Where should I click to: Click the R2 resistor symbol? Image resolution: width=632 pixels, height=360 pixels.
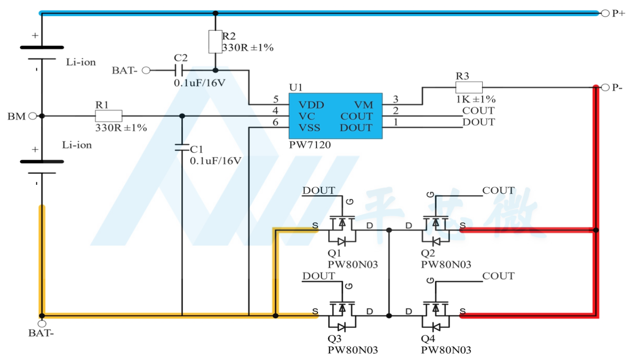(x=215, y=42)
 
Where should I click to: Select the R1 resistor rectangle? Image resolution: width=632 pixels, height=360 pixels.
(x=108, y=116)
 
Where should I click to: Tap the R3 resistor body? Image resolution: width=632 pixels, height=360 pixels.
(x=469, y=87)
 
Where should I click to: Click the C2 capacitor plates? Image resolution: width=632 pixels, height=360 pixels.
(x=178, y=70)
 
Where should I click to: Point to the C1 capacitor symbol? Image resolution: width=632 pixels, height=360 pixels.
(x=182, y=147)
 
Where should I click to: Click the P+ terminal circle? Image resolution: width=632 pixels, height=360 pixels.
(x=605, y=13)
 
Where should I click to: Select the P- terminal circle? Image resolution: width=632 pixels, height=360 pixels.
(x=605, y=88)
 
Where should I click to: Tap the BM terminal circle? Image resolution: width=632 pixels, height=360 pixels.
(x=33, y=116)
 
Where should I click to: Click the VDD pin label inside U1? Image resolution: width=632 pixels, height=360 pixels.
(x=311, y=105)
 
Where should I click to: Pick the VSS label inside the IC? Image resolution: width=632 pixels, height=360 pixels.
(x=309, y=128)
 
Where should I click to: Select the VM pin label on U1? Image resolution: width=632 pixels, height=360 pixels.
(x=364, y=105)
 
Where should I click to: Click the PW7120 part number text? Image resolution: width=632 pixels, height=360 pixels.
(x=310, y=145)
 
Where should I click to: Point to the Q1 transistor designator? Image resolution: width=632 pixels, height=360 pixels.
(x=334, y=253)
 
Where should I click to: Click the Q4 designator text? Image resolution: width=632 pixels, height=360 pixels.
(x=428, y=339)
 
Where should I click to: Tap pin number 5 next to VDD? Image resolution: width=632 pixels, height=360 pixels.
(x=276, y=99)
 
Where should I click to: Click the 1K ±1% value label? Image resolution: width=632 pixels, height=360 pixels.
(x=475, y=99)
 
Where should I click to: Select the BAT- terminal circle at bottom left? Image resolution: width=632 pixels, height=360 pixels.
(x=42, y=324)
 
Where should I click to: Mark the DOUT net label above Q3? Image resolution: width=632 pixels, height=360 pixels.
(x=318, y=276)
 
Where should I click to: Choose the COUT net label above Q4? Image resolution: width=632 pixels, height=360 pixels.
(x=498, y=276)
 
